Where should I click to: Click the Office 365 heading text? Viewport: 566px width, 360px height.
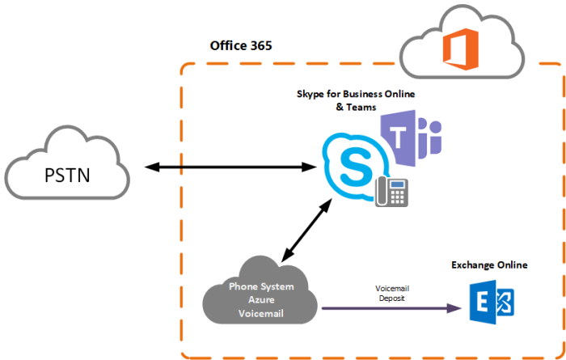(x=240, y=45)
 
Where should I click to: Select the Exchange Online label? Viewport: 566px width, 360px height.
(x=489, y=265)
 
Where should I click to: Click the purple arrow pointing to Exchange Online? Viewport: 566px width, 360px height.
(x=388, y=307)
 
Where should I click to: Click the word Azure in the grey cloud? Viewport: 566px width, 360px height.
(x=260, y=300)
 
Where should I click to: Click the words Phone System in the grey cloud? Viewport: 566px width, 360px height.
(x=260, y=286)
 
